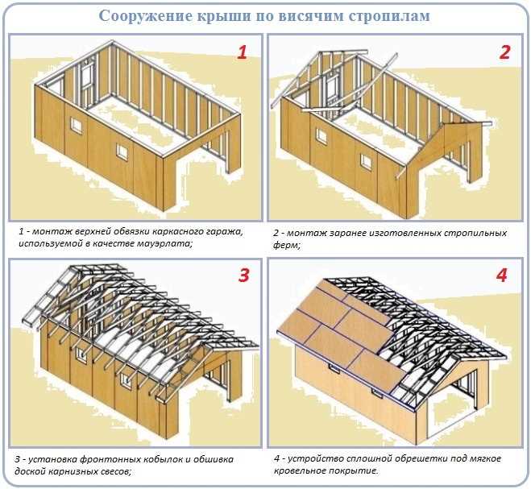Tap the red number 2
tap(504, 53)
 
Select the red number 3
tap(243, 276)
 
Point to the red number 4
tap(502, 276)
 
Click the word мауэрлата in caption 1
tap(158, 244)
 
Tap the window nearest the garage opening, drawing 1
tap(122, 151)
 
